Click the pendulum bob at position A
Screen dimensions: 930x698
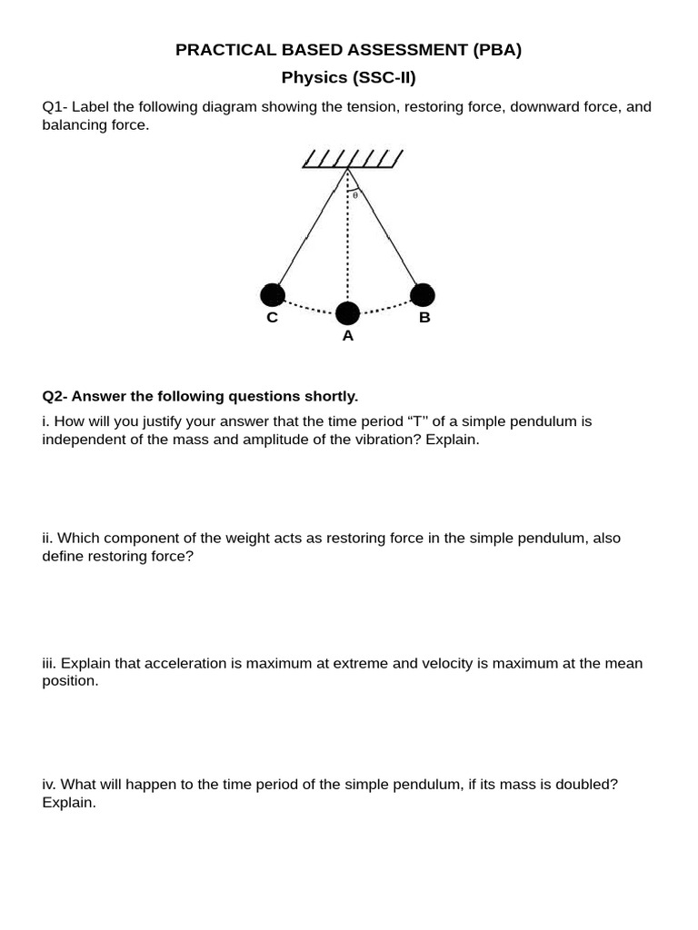347,313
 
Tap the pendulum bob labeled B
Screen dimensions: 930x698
423,294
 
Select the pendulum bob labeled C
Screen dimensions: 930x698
272,294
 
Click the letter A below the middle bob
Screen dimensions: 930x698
347,336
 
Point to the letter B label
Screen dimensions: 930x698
424,318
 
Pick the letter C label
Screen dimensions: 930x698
272,318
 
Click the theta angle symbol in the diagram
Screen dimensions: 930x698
355,194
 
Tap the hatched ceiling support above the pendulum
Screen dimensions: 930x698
352,160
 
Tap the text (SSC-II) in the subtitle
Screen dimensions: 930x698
377,78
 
